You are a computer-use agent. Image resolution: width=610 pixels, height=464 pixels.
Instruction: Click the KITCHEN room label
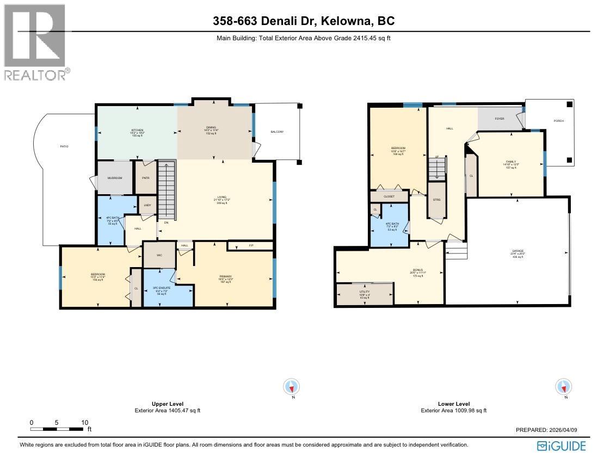tap(137, 130)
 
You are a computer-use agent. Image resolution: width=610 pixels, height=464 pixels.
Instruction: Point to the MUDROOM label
tap(114, 178)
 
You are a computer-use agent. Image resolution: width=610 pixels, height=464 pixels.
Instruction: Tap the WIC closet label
tap(159, 255)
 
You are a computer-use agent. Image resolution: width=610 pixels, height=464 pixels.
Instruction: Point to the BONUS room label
tap(417, 270)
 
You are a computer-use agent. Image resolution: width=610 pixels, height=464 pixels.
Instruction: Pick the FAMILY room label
tap(510, 162)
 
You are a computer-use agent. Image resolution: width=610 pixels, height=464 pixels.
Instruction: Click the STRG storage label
tap(436, 200)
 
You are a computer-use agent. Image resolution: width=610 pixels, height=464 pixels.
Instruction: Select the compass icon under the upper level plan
tap(292, 387)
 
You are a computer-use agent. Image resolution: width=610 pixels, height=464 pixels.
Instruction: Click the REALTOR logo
tap(36, 42)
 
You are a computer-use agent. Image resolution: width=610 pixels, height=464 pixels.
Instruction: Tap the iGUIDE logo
tap(561, 446)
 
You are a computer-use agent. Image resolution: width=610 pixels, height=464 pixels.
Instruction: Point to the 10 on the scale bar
tap(84, 423)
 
